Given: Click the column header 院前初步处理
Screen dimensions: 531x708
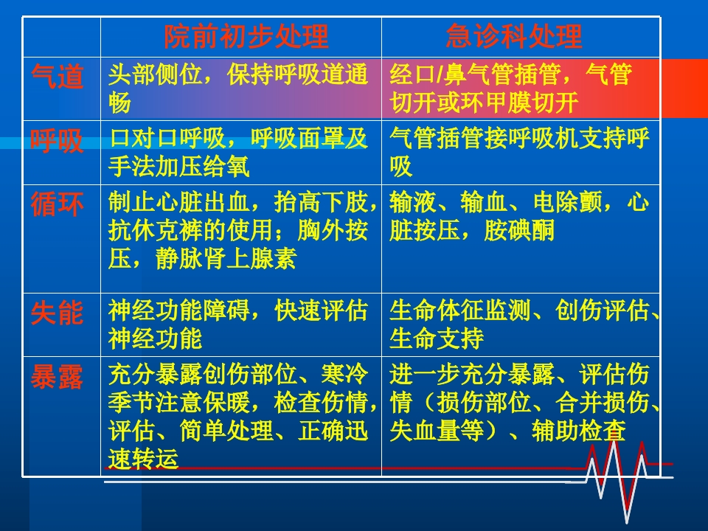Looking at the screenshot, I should (246, 36).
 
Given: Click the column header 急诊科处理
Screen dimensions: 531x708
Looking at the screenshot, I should (514, 36).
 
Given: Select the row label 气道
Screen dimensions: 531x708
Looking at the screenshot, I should (58, 77).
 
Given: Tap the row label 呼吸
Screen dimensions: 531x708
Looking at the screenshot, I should (58, 140).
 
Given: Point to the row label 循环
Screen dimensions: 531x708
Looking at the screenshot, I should (58, 204).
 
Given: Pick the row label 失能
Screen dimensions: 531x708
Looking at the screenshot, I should (58, 313).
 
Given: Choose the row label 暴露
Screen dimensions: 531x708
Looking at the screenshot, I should (58, 378).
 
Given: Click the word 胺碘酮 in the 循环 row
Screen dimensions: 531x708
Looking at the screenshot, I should (519, 232).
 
